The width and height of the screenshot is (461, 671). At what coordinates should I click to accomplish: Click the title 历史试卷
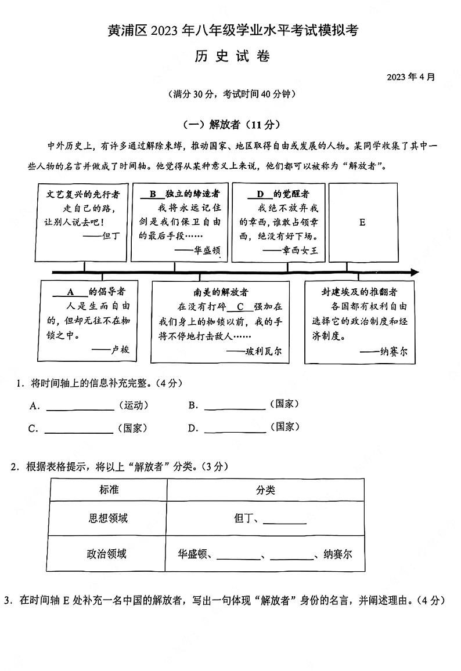[231, 56]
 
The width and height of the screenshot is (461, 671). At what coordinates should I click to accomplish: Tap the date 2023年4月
[410, 77]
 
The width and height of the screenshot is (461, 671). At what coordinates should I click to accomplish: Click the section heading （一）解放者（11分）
[231, 124]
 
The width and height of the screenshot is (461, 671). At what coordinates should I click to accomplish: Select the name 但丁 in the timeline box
[110, 236]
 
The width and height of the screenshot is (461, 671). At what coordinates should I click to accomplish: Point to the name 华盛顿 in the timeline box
[206, 250]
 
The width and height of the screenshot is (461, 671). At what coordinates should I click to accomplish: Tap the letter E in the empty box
[362, 222]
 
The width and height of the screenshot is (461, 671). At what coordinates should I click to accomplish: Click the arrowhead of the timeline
[414, 272]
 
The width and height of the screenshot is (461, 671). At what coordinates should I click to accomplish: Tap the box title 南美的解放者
[221, 292]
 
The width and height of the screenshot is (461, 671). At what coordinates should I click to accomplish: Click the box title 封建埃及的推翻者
[360, 292]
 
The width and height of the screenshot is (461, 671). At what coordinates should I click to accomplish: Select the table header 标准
[109, 489]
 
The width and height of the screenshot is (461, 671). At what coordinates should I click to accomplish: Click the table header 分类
[265, 490]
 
